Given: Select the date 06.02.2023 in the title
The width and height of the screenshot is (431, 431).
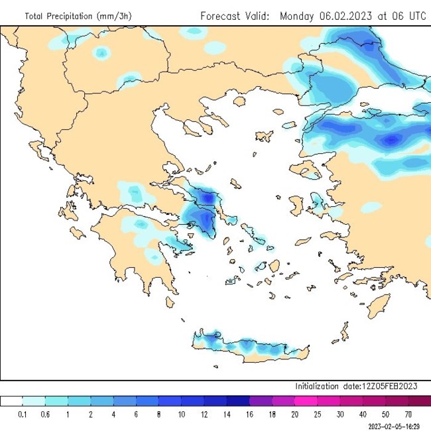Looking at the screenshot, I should (x=347, y=15).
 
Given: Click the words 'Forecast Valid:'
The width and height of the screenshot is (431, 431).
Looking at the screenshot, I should (x=235, y=15).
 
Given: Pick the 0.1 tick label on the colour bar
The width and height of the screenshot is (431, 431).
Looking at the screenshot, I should (x=23, y=414).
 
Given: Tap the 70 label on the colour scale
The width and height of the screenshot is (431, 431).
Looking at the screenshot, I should (x=408, y=414).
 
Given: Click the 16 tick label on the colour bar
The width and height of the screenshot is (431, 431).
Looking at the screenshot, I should (x=249, y=414).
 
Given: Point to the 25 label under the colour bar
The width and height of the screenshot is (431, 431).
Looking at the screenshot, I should (x=318, y=414).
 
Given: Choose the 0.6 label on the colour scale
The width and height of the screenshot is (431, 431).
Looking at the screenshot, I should (x=45, y=414).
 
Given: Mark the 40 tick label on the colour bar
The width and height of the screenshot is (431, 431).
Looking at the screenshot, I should (x=363, y=414).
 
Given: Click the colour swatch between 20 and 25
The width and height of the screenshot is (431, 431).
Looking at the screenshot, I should (x=306, y=401).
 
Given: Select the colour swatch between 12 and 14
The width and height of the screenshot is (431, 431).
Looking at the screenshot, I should (x=215, y=401).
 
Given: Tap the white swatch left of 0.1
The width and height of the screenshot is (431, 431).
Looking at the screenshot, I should (x=11, y=401).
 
